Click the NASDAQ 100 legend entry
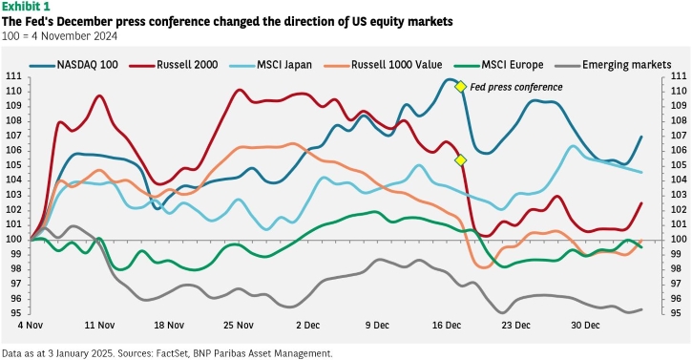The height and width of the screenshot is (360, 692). point(74,65)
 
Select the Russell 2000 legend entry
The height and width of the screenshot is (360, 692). point(174,65)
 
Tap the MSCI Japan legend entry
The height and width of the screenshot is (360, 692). point(270,65)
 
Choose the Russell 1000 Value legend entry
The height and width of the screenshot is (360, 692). point(383,65)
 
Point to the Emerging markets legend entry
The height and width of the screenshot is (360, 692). point(614,65)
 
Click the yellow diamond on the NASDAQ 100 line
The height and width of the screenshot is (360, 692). point(460,87)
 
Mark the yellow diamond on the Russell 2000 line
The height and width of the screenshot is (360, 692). point(460,160)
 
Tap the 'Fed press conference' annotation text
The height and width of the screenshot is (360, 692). point(516,87)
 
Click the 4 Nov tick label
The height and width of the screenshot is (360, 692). point(31,326)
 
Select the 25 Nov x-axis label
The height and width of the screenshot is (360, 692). point(239,326)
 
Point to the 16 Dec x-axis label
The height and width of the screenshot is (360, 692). point(447,326)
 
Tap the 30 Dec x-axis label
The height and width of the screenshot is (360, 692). point(585,326)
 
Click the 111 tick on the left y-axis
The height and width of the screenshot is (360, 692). point(13,76)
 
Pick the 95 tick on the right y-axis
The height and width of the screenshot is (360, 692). point(678,313)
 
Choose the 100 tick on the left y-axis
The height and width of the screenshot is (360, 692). point(13,240)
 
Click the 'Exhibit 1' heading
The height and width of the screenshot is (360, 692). point(26,7)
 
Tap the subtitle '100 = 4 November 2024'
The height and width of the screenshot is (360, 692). point(59,36)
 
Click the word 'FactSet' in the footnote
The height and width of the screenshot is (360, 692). point(173,353)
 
